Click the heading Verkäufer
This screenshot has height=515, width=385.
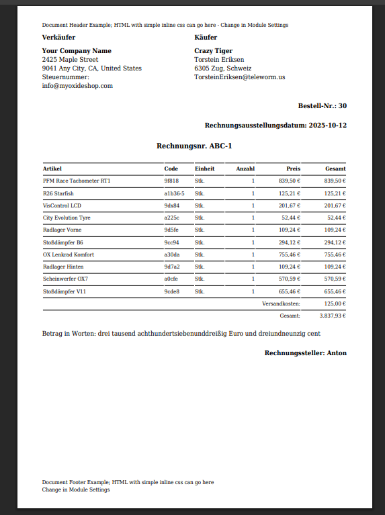(x=58, y=37)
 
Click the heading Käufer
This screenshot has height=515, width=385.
(x=206, y=37)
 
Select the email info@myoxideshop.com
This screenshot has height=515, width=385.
(x=77, y=86)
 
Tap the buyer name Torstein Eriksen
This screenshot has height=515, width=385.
(x=219, y=60)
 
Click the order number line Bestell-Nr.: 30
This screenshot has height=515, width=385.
(x=322, y=106)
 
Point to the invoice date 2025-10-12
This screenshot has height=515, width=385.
(x=328, y=126)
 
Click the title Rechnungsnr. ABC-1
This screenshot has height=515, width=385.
(x=194, y=146)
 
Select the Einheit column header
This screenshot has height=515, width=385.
(x=204, y=169)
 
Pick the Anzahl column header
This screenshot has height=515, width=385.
(x=245, y=169)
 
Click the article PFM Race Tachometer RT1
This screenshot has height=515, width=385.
(x=77, y=181)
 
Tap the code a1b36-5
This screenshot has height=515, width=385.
(x=174, y=193)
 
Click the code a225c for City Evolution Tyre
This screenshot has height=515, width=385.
(x=171, y=218)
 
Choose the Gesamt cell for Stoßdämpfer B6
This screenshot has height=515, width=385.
(x=335, y=242)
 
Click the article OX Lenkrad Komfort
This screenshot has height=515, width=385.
(x=69, y=254)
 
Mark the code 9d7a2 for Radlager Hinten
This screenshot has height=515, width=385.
(x=171, y=267)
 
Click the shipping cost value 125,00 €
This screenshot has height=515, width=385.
(x=334, y=303)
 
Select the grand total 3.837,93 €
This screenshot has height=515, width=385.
(x=332, y=316)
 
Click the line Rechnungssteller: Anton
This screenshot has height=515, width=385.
(x=305, y=353)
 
